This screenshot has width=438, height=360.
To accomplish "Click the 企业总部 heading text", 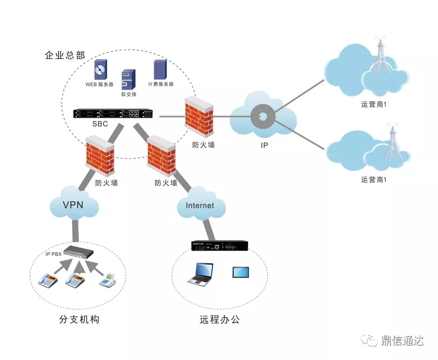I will coord(65,55).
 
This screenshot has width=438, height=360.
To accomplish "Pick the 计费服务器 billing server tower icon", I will coord(159,70).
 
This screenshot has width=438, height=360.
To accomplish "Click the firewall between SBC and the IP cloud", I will coord(199,115).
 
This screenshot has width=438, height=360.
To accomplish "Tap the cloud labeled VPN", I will coord(73,205).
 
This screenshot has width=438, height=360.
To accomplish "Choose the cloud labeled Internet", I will coord(200,206).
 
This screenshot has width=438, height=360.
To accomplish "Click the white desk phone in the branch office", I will coord(109,281).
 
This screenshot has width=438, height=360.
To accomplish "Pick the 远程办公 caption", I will coord(219,320).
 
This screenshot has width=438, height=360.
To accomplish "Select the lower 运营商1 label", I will coord(374,180).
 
